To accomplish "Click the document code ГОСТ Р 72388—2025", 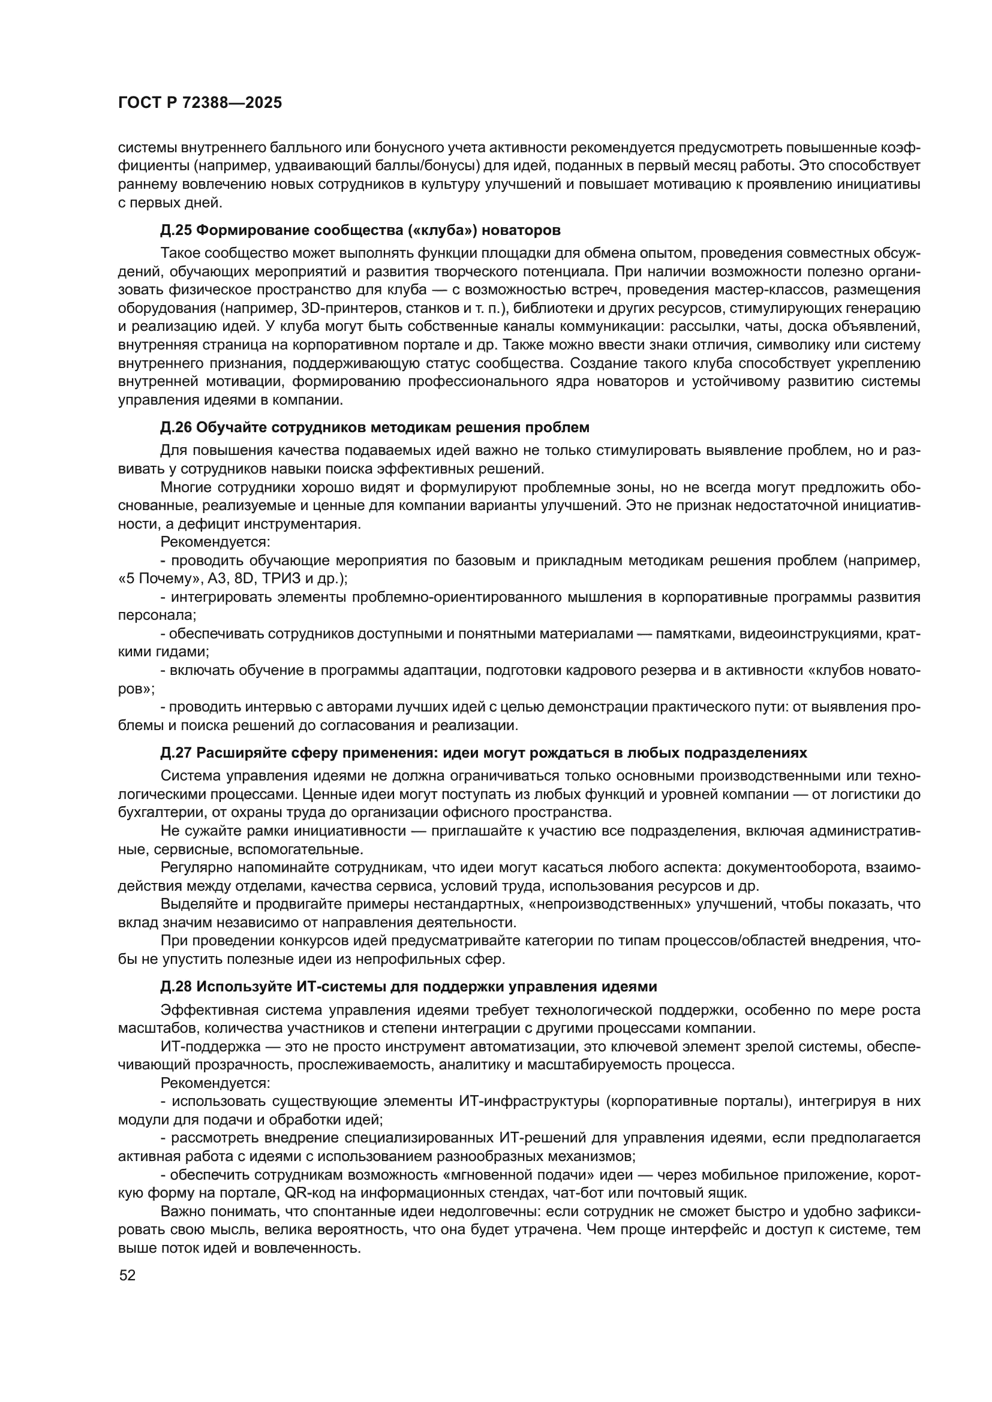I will click(x=200, y=103).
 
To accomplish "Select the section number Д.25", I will click(x=176, y=230).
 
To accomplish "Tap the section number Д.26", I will click(x=176, y=427).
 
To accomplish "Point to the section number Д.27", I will click(x=176, y=753).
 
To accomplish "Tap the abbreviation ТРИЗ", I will click(x=283, y=578).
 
